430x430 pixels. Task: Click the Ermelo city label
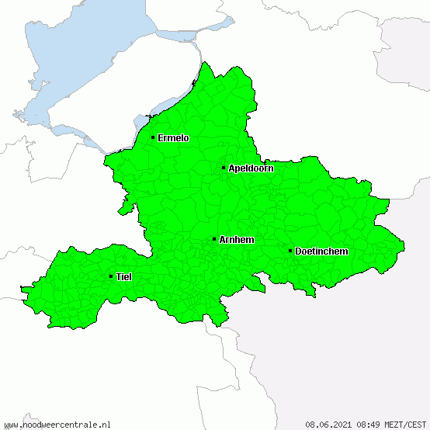[173, 138]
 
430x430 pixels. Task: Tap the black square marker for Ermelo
[153, 138]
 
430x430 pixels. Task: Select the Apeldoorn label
[251, 168]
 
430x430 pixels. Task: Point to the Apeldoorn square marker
[224, 168]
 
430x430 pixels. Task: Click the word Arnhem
[237, 240]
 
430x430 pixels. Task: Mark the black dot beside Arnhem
[214, 239]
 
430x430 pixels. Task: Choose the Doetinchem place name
[321, 251]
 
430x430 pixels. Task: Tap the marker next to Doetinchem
[290, 251]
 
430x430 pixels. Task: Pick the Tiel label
[123, 277]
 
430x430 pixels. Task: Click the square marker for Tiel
[111, 276]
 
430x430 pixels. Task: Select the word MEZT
[393, 424]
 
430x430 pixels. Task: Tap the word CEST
[416, 424]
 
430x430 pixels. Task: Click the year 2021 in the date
[340, 424]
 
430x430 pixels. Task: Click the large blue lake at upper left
[85, 54]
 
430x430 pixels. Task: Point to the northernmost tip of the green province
[206, 63]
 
